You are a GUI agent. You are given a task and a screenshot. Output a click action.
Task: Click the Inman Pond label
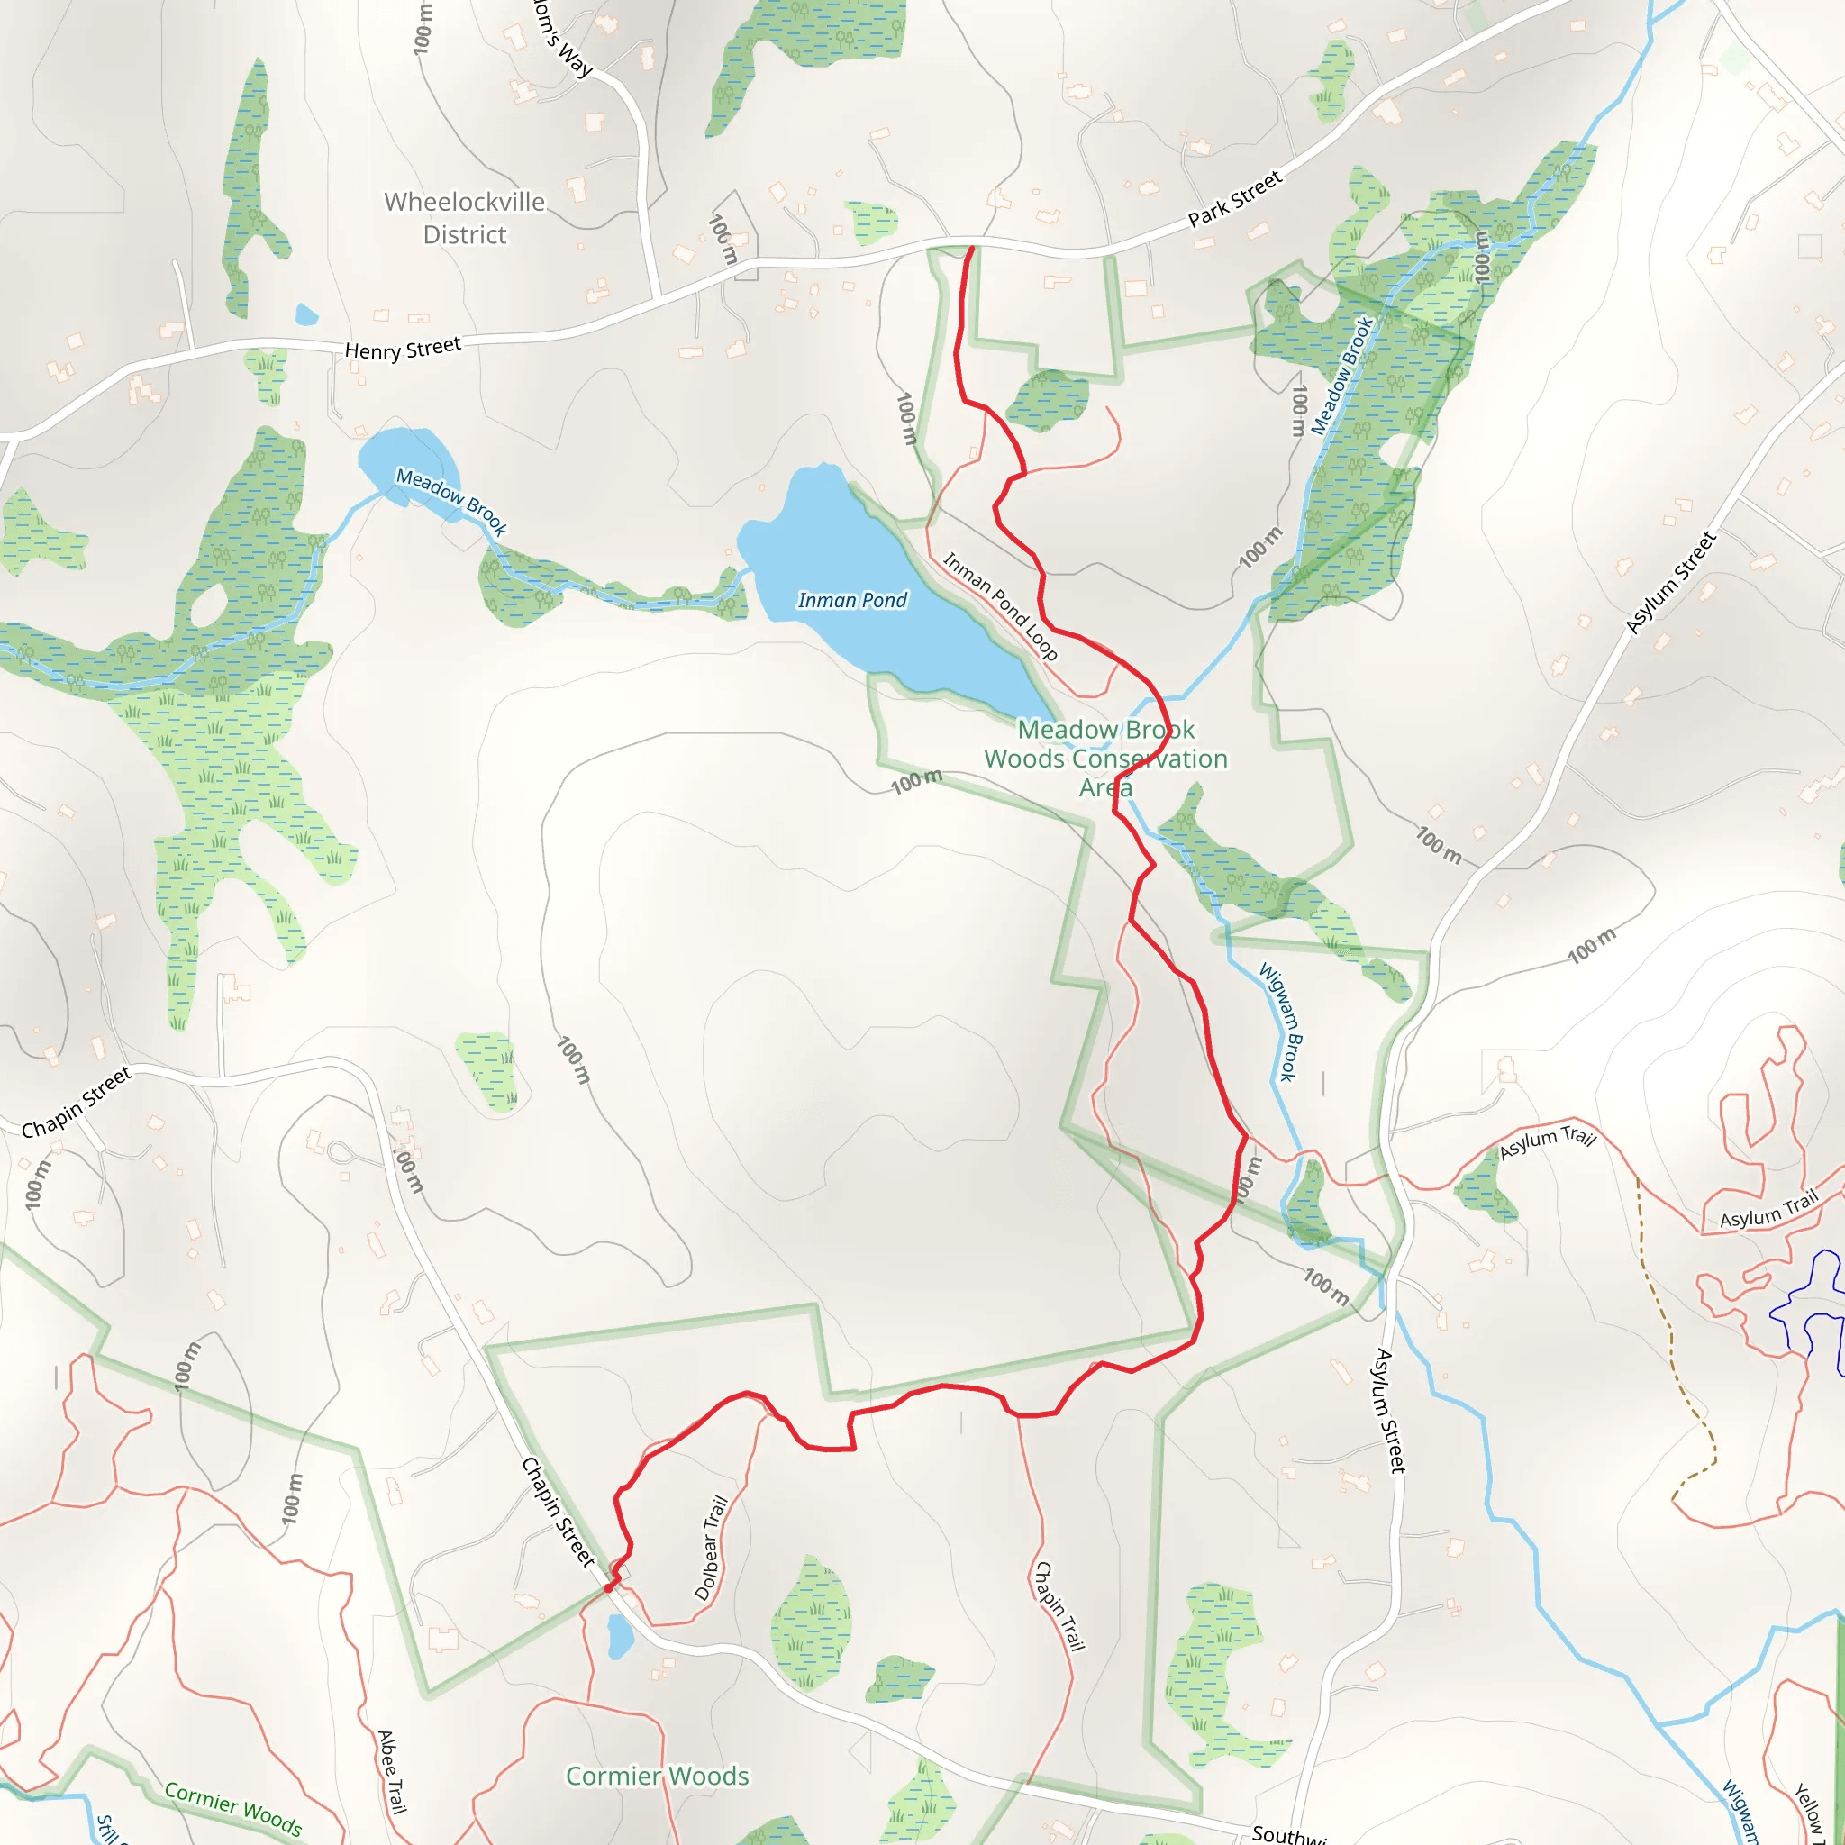[x=852, y=600]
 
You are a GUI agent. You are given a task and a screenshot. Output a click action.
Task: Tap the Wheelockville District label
[x=464, y=218]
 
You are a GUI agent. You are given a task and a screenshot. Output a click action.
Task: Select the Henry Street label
[x=402, y=349]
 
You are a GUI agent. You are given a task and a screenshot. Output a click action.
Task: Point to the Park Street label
[x=1235, y=198]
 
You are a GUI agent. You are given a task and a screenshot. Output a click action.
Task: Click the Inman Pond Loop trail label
[x=1000, y=606]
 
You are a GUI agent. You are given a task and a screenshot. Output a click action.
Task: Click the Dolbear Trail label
[x=712, y=1548]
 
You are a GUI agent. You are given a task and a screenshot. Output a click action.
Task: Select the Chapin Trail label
[x=1060, y=1606]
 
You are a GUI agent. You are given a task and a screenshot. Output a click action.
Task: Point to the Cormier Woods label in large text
[x=657, y=1776]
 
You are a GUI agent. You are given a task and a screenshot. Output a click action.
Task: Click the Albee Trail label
[x=392, y=1772]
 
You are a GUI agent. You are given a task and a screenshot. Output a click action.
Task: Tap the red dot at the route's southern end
[x=608, y=1588]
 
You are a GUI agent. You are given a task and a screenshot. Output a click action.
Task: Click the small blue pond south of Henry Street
[x=306, y=314]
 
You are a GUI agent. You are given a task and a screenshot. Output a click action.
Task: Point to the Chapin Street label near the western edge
[x=77, y=1103]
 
